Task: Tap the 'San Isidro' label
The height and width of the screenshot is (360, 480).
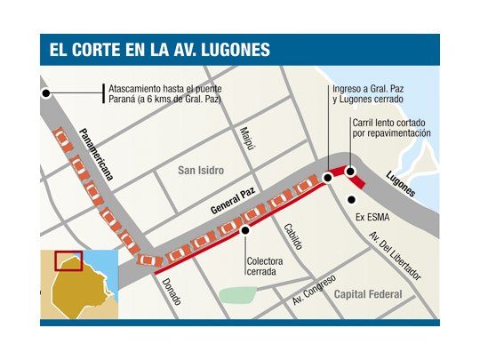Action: [x=200, y=170]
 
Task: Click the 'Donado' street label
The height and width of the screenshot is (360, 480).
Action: [x=172, y=290]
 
